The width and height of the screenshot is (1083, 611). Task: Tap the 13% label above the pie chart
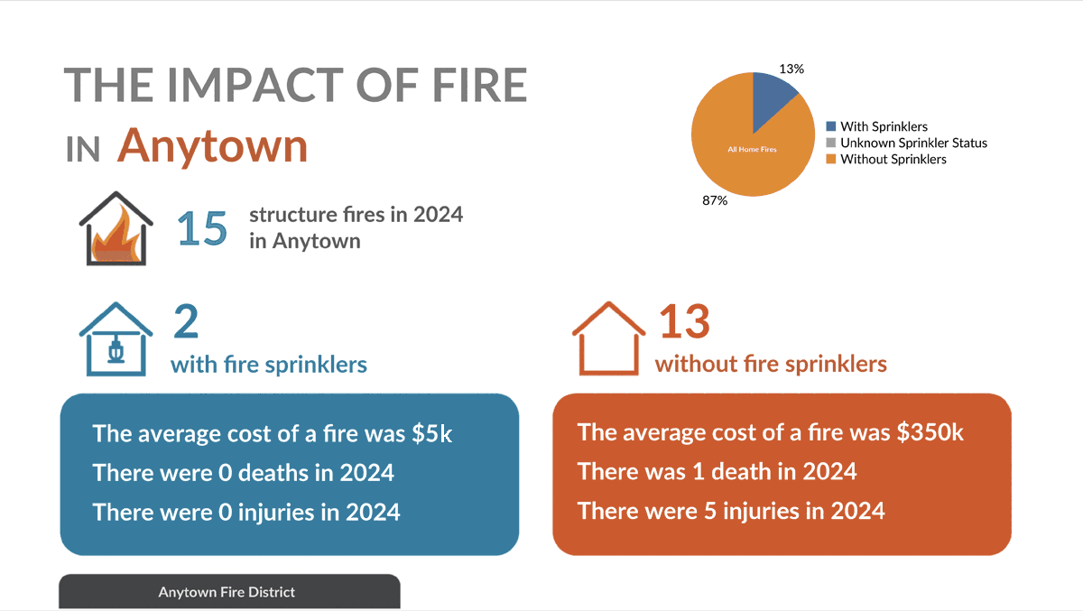coord(791,69)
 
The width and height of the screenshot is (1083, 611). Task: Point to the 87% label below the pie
coord(715,200)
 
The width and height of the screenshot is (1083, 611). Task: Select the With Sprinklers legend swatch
coord(832,127)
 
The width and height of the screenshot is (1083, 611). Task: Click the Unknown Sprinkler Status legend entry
coord(913,143)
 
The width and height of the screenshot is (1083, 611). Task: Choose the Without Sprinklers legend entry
coord(893,159)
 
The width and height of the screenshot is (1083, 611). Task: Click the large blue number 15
coord(202,229)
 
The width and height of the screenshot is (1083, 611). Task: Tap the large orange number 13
coord(684,323)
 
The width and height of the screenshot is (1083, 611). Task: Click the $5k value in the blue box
coord(431,433)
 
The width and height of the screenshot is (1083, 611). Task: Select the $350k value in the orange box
coord(930,432)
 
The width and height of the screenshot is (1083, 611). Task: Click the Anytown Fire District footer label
coord(227,592)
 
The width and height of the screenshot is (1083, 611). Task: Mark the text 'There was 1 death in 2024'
coord(717,471)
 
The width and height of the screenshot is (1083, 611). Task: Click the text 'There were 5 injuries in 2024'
coord(731,511)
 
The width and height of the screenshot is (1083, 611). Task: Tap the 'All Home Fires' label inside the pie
coord(752,149)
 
